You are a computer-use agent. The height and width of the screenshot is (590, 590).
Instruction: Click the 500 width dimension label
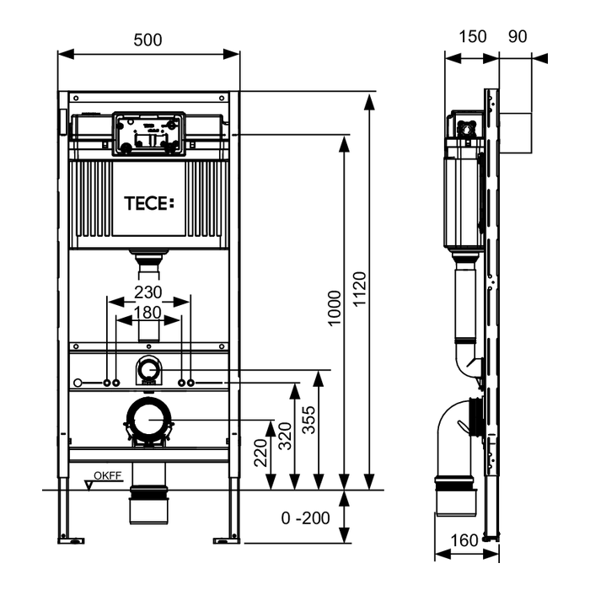[x=147, y=40]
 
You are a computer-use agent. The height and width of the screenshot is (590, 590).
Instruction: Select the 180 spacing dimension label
[x=147, y=312]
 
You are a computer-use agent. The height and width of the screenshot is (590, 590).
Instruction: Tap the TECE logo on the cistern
[x=147, y=202]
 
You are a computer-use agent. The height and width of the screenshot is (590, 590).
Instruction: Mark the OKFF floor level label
[x=108, y=476]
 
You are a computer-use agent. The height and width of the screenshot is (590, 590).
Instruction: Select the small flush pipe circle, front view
[x=147, y=368]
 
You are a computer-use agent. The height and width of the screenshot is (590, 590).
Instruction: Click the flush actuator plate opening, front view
[x=147, y=134]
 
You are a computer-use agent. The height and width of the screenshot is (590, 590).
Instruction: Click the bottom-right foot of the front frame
[x=226, y=538]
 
